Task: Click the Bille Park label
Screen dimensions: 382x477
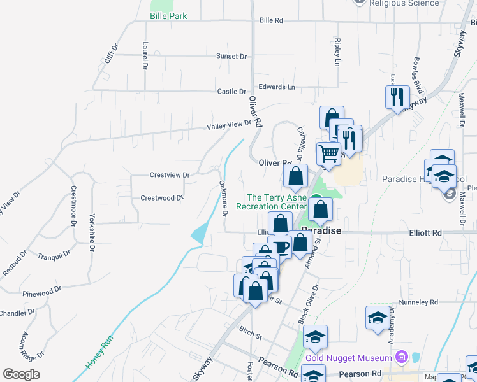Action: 168,16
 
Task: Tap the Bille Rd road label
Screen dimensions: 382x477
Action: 271,21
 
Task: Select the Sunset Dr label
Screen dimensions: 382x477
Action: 231,57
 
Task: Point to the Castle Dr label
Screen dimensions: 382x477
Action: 231,92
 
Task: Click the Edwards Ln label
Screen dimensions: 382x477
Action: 277,87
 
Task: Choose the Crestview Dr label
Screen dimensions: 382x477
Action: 170,174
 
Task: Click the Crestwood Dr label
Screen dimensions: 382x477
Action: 161,198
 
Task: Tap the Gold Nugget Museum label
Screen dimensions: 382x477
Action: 348,358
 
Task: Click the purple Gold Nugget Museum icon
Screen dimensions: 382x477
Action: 400,357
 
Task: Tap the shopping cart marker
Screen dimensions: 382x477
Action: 328,154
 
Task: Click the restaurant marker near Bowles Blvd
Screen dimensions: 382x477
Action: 397,97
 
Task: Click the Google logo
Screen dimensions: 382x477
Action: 21,374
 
